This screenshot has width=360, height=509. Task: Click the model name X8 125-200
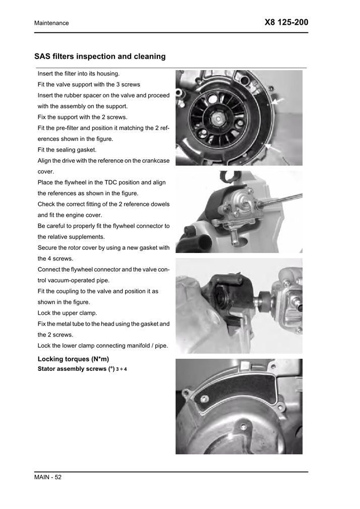click(x=285, y=22)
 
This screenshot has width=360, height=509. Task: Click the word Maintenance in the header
click(x=51, y=23)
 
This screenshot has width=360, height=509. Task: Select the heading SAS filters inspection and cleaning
click(x=100, y=56)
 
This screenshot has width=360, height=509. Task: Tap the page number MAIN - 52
click(x=48, y=477)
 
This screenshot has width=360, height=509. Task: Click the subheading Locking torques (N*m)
click(x=73, y=359)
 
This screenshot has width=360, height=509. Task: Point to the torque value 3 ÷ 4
click(x=122, y=369)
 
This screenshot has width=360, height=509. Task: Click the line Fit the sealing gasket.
click(x=67, y=150)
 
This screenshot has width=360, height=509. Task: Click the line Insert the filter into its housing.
click(x=78, y=74)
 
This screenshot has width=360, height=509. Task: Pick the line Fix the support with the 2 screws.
click(x=82, y=117)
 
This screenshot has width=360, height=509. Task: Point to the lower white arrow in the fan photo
click(x=272, y=147)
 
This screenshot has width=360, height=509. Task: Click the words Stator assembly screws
click(x=69, y=369)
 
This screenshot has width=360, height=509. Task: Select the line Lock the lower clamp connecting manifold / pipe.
click(x=103, y=346)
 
